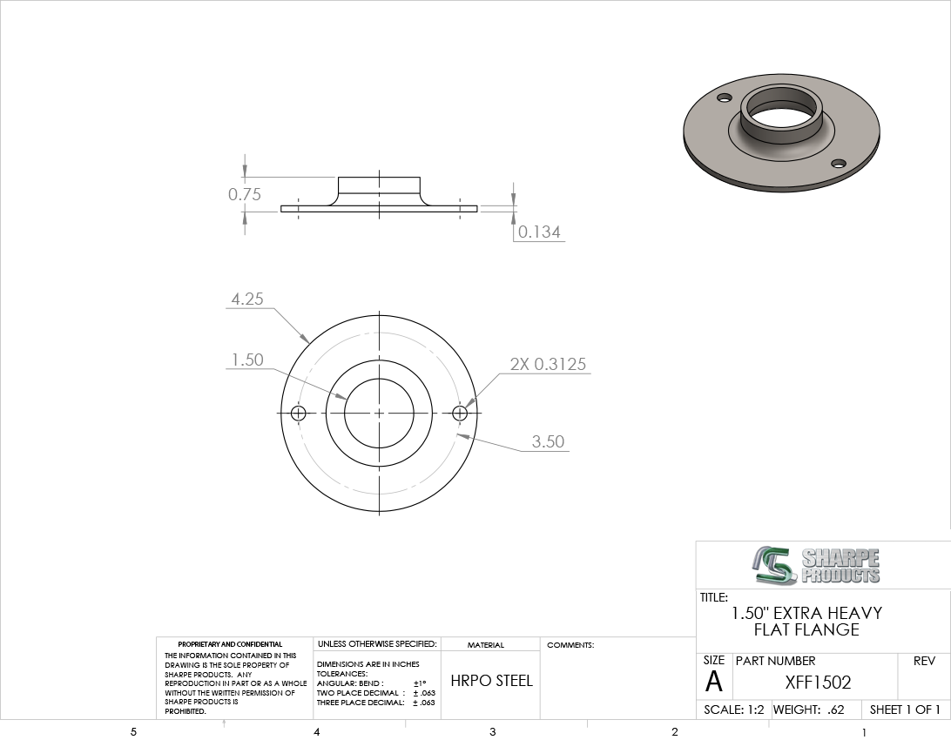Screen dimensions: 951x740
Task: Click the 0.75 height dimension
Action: click(245, 194)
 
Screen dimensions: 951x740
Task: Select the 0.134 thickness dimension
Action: click(539, 232)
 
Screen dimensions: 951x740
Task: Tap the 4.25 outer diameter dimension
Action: click(247, 299)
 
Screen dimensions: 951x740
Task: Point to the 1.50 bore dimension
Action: click(247, 360)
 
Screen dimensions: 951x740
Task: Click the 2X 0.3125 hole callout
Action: click(549, 364)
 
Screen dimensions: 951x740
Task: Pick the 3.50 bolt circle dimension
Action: click(549, 441)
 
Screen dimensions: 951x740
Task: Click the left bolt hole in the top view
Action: click(299, 414)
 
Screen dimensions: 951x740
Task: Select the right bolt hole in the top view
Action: click(461, 414)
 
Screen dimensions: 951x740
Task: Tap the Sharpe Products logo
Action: click(816, 566)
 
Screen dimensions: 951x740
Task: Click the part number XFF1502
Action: click(818, 683)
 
